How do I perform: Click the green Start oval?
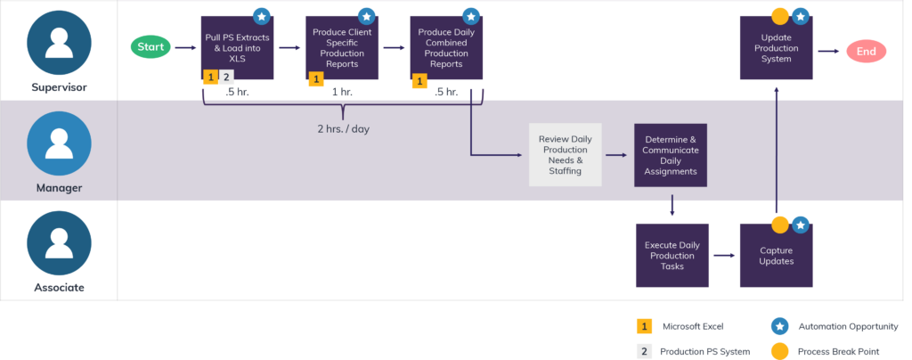[x=151, y=46]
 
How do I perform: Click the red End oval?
[x=866, y=52]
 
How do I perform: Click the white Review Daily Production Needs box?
[x=565, y=154]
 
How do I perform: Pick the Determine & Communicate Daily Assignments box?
[x=671, y=154]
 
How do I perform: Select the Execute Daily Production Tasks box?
[x=672, y=255]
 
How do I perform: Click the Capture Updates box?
[x=776, y=255]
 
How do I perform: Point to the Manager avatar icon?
[x=59, y=143]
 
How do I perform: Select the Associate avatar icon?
[x=59, y=243]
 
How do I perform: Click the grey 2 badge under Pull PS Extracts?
[x=227, y=78]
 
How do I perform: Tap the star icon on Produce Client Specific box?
[x=365, y=16]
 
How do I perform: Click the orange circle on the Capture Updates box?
[x=780, y=225]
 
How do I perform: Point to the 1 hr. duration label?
[x=341, y=92]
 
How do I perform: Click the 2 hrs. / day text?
[x=343, y=128]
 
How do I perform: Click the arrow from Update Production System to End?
[x=828, y=52]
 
